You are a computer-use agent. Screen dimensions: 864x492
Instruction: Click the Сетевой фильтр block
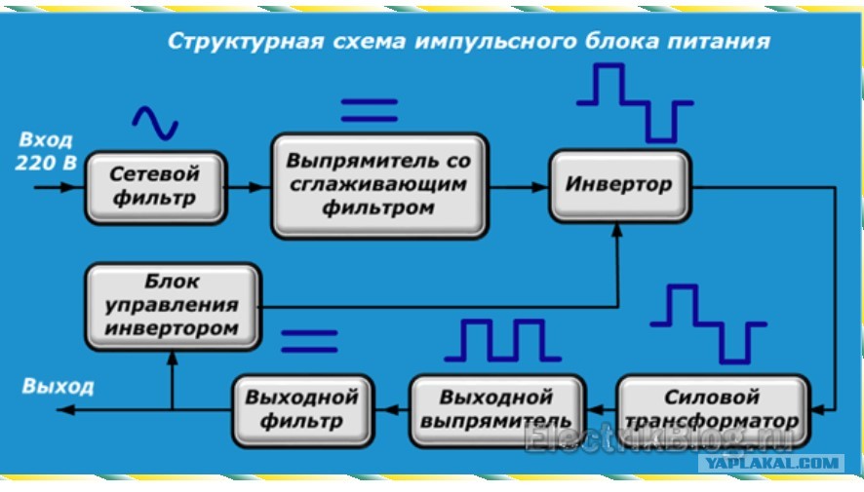[156, 188]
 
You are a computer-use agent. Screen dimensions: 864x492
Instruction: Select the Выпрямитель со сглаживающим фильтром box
[379, 185]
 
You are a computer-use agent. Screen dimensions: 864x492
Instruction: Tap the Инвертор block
[620, 185]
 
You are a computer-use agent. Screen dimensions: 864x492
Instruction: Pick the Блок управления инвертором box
[173, 307]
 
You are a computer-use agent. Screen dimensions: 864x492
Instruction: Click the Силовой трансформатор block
[713, 410]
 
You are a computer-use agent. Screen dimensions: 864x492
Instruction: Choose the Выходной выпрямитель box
[497, 410]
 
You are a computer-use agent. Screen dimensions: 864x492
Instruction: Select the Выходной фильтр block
[303, 410]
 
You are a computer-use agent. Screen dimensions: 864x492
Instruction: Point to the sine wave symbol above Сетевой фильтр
[155, 122]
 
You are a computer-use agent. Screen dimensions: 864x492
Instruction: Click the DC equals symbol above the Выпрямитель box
[370, 110]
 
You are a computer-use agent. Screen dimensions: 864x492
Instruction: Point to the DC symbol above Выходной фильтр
[309, 341]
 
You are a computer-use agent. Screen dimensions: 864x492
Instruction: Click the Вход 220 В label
[46, 151]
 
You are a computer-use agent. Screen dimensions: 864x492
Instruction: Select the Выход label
[58, 387]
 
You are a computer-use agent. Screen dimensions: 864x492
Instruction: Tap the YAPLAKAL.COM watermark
[771, 463]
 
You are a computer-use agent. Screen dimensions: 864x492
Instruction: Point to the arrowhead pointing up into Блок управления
[173, 358]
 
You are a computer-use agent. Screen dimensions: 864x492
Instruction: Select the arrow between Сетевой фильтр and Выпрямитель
[249, 187]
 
